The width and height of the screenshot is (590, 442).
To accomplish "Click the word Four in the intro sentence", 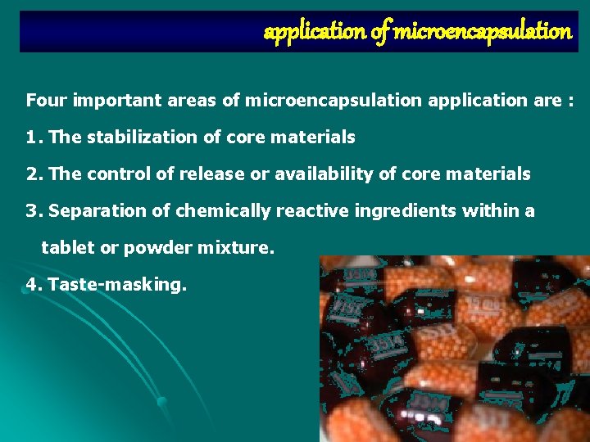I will (46, 101).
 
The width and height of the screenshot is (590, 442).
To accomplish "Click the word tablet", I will (67, 248).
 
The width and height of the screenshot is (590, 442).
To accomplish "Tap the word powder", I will (153, 248).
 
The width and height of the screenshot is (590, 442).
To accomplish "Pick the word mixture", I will (234, 248).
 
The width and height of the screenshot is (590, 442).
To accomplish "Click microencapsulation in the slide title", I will (482, 32).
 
